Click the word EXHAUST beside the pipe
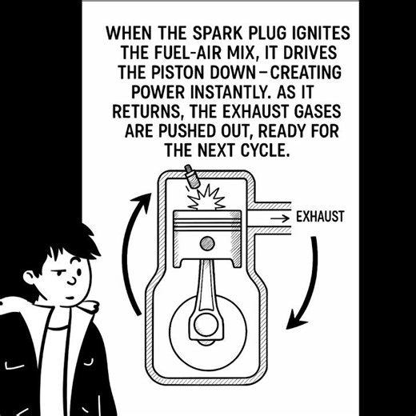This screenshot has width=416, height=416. pos(320,217)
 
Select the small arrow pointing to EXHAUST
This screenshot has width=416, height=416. pos(279,218)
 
